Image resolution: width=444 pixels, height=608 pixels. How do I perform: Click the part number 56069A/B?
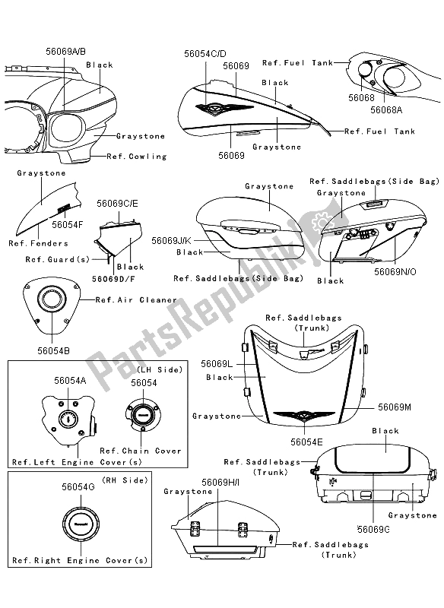click(x=65, y=51)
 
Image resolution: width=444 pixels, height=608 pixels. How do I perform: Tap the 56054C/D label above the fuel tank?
click(x=205, y=53)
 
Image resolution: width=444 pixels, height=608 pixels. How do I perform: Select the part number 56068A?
click(x=386, y=110)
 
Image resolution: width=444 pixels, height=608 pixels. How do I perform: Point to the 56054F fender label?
click(x=68, y=224)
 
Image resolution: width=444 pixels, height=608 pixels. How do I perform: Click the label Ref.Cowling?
click(x=137, y=157)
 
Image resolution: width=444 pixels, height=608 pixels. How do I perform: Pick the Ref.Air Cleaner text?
click(x=136, y=299)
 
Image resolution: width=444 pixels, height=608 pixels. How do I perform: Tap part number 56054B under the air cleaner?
click(x=53, y=350)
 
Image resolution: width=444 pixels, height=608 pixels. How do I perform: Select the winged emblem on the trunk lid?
click(x=304, y=416)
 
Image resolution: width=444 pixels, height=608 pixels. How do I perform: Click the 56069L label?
click(x=217, y=364)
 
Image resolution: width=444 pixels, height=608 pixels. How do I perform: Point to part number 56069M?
click(x=395, y=407)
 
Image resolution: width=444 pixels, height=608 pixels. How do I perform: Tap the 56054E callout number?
click(x=306, y=442)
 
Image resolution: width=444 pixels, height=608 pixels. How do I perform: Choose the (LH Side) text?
click(x=160, y=370)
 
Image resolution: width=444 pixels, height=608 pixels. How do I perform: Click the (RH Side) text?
click(x=125, y=480)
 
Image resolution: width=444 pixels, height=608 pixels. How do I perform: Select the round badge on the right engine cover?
click(x=81, y=524)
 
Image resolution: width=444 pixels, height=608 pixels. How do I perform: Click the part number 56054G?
click(x=78, y=486)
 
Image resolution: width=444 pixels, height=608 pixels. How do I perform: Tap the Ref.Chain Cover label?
click(x=141, y=451)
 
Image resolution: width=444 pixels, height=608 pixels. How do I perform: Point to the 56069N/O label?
click(x=395, y=272)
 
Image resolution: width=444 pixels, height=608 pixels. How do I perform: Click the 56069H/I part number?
click(x=220, y=483)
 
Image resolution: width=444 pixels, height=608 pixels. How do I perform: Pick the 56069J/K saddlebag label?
click(x=172, y=241)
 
